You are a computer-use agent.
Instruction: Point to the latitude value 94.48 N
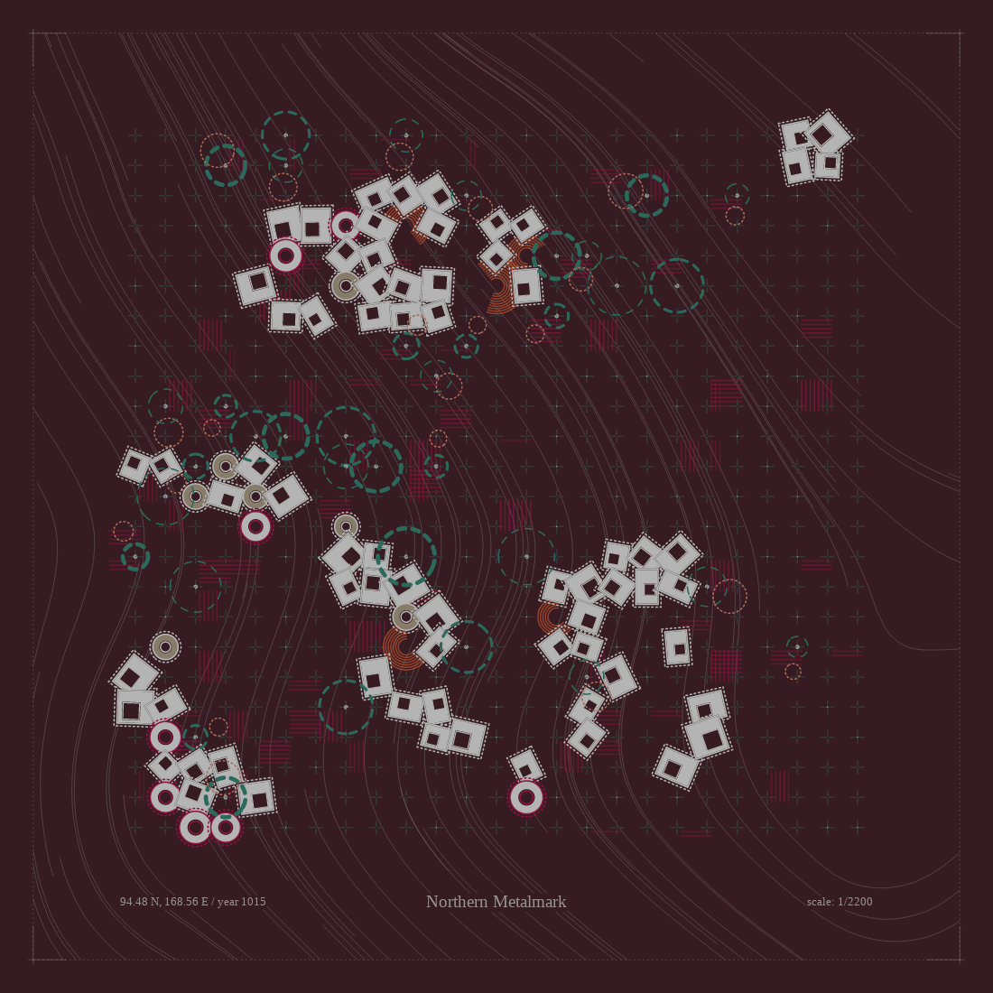point(140,901)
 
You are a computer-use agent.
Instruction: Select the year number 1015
point(254,901)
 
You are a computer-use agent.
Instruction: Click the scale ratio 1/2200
point(855,901)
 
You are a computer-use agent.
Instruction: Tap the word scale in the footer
point(820,901)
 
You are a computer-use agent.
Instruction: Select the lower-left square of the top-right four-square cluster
point(796,167)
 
